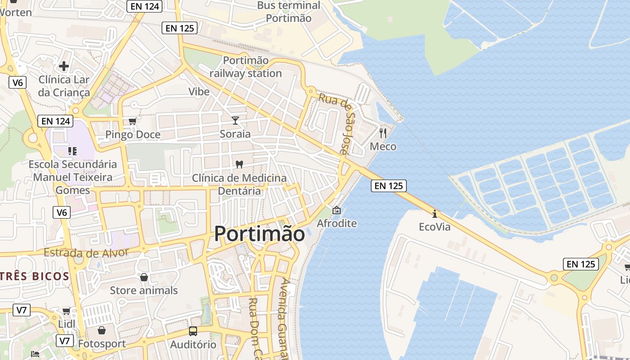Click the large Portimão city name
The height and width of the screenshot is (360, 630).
point(259,234)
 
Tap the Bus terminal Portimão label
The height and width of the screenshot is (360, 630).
point(288,12)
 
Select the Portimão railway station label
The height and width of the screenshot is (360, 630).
point(246,67)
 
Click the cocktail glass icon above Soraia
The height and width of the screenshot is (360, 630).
point(235,120)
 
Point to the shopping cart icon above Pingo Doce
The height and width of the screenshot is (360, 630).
point(132,121)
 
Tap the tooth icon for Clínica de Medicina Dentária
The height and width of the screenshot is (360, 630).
point(239,165)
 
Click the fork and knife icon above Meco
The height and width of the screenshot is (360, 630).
point(383,133)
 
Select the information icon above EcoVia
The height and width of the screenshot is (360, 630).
point(434,213)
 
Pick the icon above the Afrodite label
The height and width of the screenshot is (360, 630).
point(336,210)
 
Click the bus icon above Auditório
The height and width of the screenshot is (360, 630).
point(193,331)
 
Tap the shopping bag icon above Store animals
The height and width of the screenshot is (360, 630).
point(144,277)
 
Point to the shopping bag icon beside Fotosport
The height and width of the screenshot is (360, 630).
point(102,331)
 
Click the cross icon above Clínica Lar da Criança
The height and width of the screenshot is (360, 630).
point(64,66)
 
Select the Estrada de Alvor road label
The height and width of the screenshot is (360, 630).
point(86,253)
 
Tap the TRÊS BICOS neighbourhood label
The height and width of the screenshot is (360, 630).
point(34,276)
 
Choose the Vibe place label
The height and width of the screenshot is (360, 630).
point(199,92)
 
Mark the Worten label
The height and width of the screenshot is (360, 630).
point(16,12)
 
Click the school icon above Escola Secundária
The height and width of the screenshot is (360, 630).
point(72,151)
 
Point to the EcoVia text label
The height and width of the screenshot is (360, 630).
point(434,227)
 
